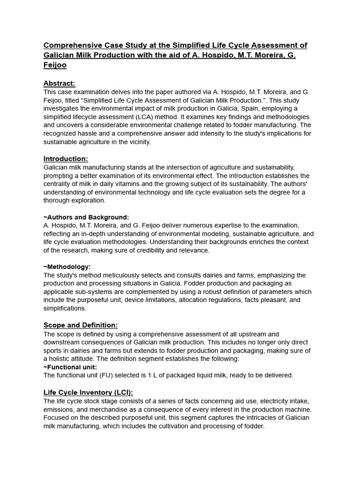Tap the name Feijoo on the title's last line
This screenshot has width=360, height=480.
click(x=55, y=66)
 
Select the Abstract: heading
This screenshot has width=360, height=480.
click(x=59, y=83)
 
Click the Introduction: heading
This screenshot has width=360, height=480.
click(x=66, y=158)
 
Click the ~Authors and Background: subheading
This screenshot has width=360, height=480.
click(x=86, y=217)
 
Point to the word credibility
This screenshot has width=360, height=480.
click(x=161, y=250)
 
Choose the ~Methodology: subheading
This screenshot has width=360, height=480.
click(x=67, y=267)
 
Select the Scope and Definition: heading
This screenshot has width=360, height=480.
click(x=81, y=325)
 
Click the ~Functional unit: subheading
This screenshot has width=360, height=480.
click(x=70, y=367)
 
